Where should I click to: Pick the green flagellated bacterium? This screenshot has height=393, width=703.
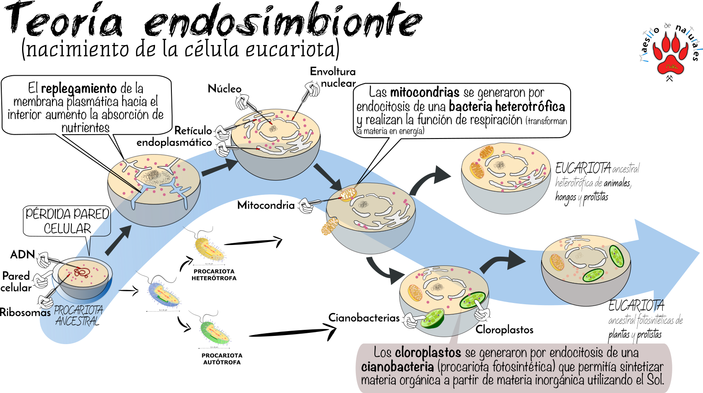click(x=214, y=332)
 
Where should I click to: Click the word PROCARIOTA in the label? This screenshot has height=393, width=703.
click(x=78, y=310)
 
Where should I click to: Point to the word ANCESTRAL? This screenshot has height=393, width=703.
click(x=76, y=321)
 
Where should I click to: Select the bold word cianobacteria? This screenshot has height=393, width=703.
click(x=397, y=367)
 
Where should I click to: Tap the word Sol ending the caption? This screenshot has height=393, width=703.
click(x=654, y=380)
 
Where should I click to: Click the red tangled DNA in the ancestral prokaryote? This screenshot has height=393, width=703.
click(x=81, y=272)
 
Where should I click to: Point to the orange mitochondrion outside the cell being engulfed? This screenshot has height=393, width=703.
click(x=329, y=226)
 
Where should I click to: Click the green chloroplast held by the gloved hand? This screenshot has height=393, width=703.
click(x=432, y=318)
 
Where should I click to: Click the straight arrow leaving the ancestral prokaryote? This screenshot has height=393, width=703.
click(x=118, y=240)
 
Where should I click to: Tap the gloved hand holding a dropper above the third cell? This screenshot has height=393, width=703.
click(x=311, y=89)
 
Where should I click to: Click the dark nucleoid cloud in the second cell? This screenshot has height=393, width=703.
click(x=153, y=175)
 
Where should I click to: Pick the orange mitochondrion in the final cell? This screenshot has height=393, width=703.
click(x=557, y=262)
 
